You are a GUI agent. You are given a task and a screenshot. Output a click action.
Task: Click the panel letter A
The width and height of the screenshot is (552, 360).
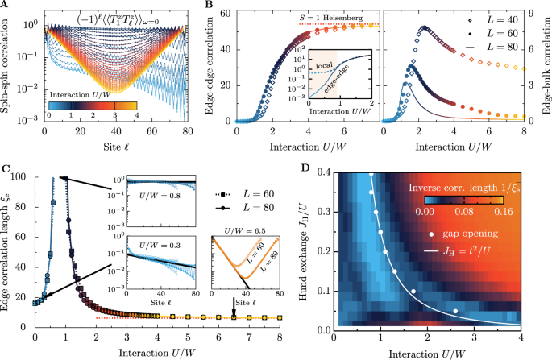pos(5,6)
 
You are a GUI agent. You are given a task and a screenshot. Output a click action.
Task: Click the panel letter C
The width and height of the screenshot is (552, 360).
pos(5,168)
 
